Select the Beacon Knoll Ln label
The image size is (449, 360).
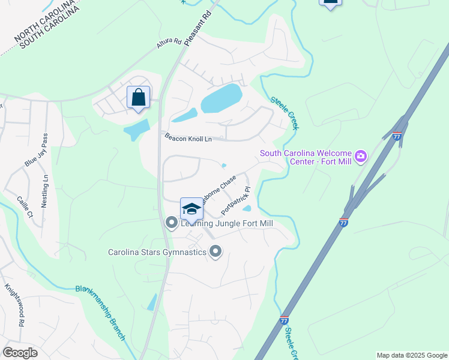click(188, 139)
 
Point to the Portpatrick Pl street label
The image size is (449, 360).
click(235, 200)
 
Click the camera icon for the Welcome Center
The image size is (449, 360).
click(361, 157)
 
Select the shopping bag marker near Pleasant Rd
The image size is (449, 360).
click(139, 97)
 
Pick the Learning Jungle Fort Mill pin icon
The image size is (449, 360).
click(172, 223)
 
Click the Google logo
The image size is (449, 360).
click(20, 353)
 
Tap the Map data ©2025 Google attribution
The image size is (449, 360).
click(412, 355)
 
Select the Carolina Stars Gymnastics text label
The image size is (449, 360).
click(157, 252)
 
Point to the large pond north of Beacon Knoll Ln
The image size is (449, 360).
click(221, 97)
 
